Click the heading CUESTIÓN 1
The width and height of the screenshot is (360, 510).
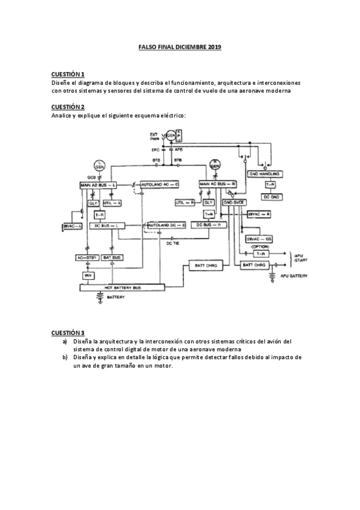(x=67, y=74)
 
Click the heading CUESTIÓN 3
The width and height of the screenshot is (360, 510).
(x=67, y=333)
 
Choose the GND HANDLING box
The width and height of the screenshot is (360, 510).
(x=273, y=174)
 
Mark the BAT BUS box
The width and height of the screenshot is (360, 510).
(x=112, y=257)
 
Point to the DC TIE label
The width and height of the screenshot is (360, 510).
(x=173, y=244)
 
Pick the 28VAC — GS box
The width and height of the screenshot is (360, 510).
(x=259, y=239)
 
